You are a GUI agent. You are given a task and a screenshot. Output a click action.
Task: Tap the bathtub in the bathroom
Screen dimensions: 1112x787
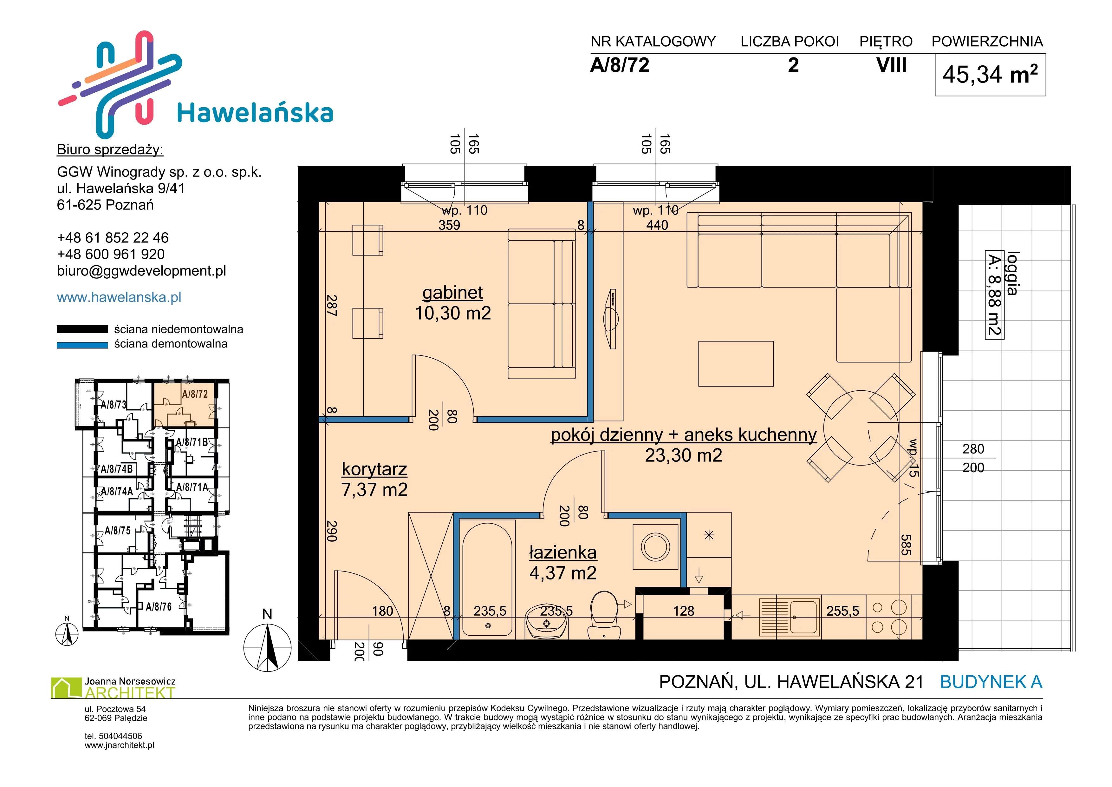[487, 579]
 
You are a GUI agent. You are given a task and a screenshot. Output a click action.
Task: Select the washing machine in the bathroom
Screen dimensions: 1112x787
[655, 547]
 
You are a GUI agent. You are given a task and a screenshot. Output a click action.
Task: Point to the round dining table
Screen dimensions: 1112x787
[861, 428]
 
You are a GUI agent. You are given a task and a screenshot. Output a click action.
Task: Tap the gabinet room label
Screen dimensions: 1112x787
[452, 293]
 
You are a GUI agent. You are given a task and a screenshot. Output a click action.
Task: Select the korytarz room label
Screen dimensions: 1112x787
[374, 469]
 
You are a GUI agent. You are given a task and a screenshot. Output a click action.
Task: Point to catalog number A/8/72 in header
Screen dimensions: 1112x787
[620, 65]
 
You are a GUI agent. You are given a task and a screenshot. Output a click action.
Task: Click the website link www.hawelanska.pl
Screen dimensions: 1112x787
[119, 297]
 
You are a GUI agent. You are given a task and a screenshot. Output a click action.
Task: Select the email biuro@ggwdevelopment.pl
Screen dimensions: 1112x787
[141, 271]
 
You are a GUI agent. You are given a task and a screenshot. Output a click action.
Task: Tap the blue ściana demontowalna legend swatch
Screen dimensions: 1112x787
[82, 345]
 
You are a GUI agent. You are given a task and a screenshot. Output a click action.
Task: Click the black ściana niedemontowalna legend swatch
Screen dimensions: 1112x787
[82, 329]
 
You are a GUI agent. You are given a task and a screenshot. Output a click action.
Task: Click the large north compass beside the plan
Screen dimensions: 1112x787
[267, 647]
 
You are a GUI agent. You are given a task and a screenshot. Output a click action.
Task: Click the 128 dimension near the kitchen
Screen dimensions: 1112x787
[683, 611]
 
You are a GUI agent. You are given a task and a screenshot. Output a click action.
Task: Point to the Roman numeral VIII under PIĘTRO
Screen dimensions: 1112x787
[891, 65]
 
